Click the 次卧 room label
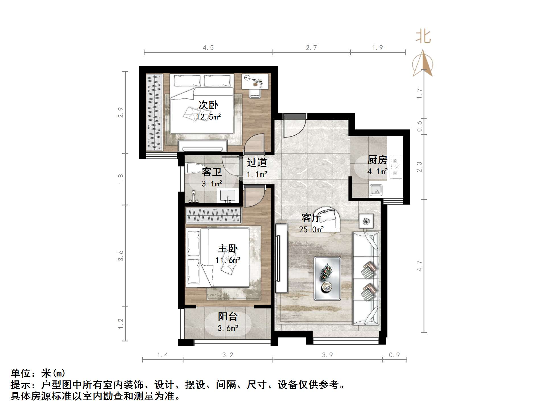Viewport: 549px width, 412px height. tap(208, 105)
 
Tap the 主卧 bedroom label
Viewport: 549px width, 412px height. tap(228, 248)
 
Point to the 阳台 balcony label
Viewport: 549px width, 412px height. tap(228, 316)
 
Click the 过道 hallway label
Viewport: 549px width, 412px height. tap(257, 162)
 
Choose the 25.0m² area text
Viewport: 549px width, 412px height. tap(311, 229)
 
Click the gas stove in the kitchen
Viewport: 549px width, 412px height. tap(396, 167)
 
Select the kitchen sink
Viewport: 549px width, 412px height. tap(376, 190)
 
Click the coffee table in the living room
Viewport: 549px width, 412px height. tap(327, 278)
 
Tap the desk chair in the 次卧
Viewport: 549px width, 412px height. tap(255, 93)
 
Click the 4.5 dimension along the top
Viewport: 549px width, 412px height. tap(208, 48)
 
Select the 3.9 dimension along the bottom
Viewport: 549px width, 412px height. tap(327, 355)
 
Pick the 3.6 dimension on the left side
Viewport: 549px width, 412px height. tap(121, 255)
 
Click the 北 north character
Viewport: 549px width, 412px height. tap(423, 37)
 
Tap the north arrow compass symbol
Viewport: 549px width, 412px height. tap(423, 64)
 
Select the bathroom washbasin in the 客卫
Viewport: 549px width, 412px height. tap(228, 196)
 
